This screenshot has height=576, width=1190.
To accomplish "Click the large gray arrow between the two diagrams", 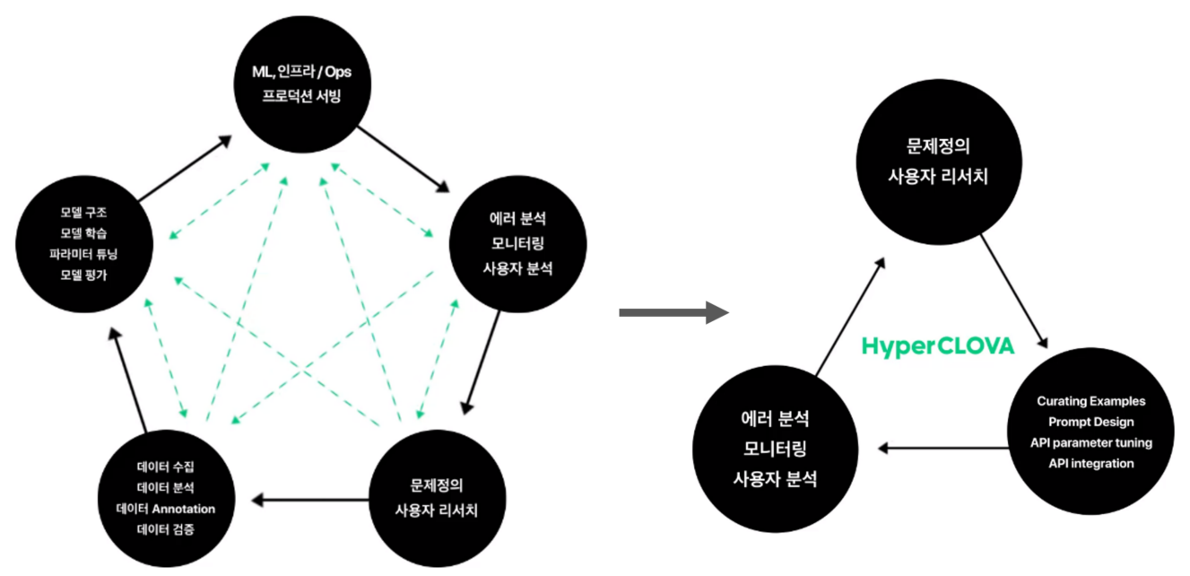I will (673, 312).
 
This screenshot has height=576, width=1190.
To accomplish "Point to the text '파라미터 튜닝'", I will (83, 254).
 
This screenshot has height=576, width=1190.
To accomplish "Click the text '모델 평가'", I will (83, 275).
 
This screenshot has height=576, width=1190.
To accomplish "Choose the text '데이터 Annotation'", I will (166, 508).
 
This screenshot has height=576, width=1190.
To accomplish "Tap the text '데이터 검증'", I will (166, 529).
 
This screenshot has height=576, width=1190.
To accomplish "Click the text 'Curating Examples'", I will (1090, 401).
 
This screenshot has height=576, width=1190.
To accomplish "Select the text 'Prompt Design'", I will (1090, 422).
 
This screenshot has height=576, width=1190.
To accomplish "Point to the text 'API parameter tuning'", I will (1090, 442).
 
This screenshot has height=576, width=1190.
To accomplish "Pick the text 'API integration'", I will (1090, 463).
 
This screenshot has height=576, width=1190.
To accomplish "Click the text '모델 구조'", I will (83, 213).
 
